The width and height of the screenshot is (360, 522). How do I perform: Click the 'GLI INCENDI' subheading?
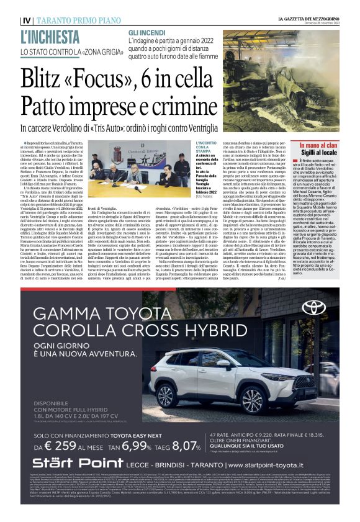click(146, 32)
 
